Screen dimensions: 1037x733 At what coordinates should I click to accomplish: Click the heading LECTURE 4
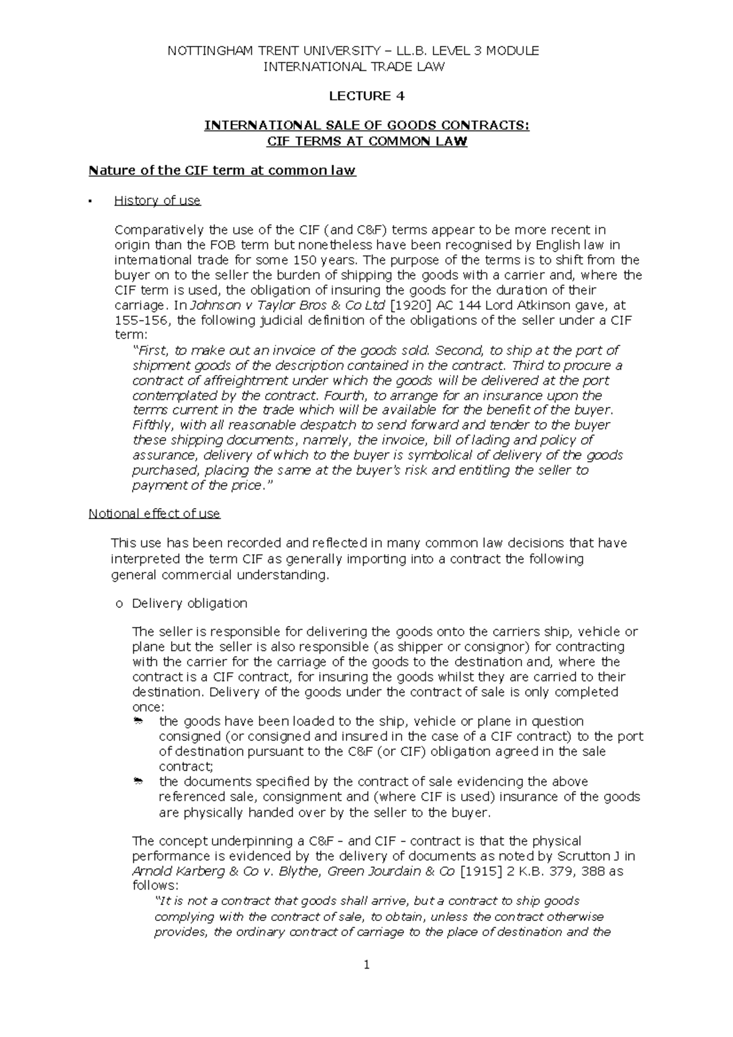(x=366, y=96)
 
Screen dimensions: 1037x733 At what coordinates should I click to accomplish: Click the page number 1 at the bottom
(x=366, y=966)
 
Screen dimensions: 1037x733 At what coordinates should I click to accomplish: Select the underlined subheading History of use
(x=157, y=200)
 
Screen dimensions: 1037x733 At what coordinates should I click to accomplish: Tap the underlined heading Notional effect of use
(x=154, y=514)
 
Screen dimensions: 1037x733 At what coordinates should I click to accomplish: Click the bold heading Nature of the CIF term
(x=222, y=170)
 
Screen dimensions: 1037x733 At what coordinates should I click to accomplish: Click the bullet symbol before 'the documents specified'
(x=137, y=782)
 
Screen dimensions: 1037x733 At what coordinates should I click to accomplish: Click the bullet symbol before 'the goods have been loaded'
(x=137, y=722)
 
